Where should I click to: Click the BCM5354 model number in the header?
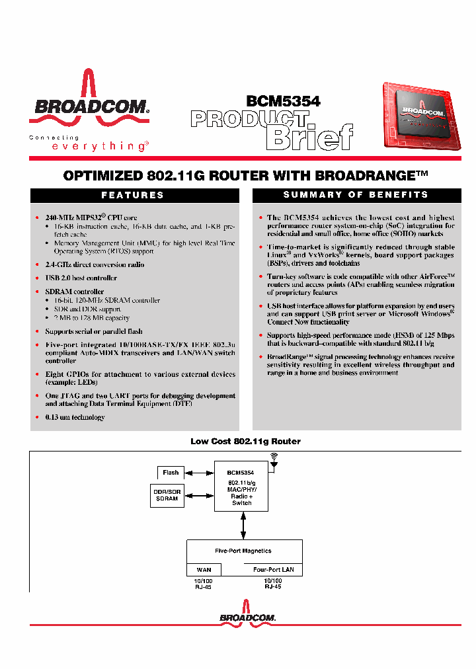coord(283,101)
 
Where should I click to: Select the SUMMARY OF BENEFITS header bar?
coord(356,195)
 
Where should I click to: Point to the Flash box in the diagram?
coord(171,473)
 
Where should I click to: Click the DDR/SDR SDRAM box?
coord(167,496)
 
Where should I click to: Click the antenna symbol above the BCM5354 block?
coord(274,459)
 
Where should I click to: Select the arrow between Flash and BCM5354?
coord(196,473)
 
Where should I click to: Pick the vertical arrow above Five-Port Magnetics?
coord(243,526)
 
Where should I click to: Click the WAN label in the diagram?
coord(204,570)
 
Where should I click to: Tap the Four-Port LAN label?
coord(274,570)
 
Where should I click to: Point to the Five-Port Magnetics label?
coord(243,551)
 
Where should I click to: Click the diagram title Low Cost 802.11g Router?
coord(245,442)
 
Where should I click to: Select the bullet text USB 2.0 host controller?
coord(81,278)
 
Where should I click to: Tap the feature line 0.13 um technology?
coord(75,417)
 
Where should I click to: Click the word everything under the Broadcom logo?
coord(99,147)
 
